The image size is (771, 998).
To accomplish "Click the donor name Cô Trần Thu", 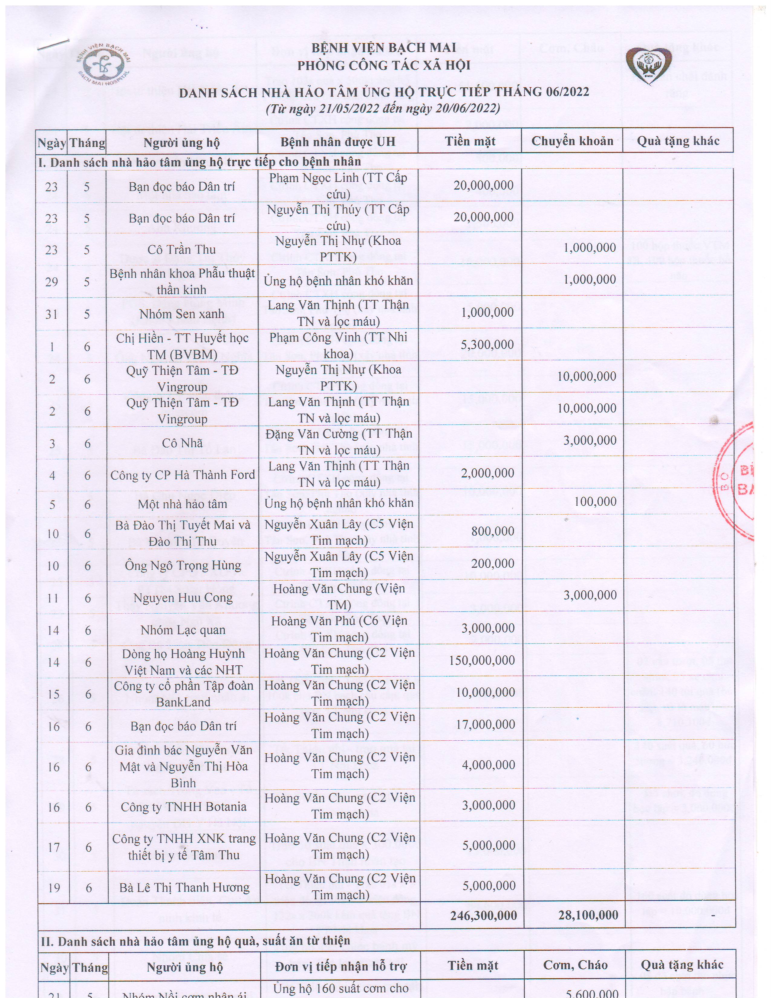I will (x=181, y=249).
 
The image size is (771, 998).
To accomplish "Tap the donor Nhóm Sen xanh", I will (x=182, y=314).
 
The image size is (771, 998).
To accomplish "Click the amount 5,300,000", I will (x=487, y=344).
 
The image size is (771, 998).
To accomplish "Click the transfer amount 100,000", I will (x=595, y=502).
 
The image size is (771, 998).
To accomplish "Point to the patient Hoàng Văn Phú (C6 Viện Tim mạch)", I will (x=339, y=629).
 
